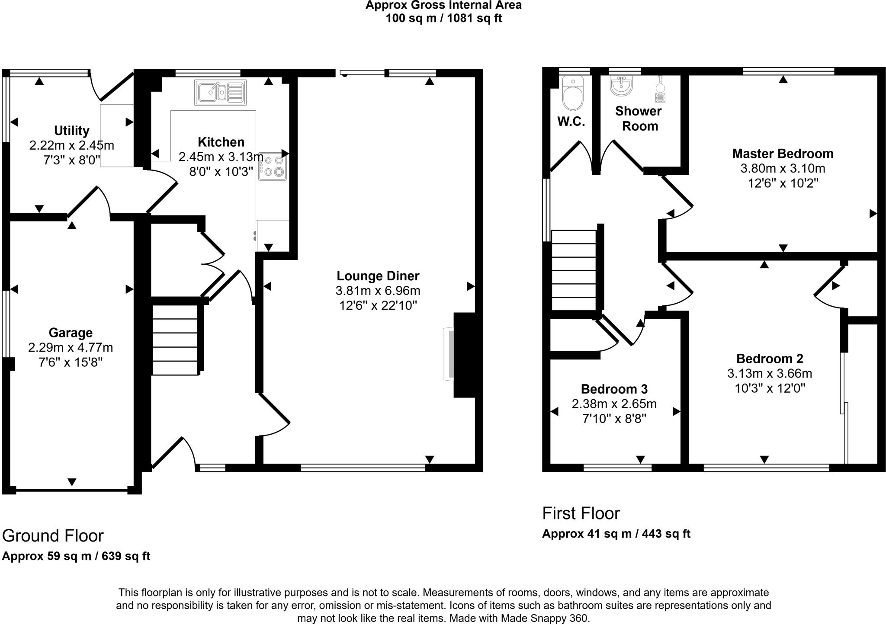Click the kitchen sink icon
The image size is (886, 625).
220,93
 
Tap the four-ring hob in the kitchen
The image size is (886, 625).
273,167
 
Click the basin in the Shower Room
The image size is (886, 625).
622,85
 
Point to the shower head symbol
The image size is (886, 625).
660,89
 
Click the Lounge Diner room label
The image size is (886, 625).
378,276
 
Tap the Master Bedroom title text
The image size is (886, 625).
783,154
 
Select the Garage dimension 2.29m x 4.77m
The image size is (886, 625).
71,347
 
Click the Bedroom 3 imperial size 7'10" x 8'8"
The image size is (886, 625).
614,419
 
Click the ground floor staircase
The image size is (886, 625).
175,340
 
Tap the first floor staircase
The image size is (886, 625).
574,270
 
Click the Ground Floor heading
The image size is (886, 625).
53,535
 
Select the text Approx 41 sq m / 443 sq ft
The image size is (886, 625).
616,534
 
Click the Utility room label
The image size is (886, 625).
71,130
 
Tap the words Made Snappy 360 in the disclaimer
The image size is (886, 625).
545,618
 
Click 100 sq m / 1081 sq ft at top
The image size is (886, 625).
443,19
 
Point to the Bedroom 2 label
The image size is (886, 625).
770,359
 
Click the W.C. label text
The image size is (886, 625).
571,122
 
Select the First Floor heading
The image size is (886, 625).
581,513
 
